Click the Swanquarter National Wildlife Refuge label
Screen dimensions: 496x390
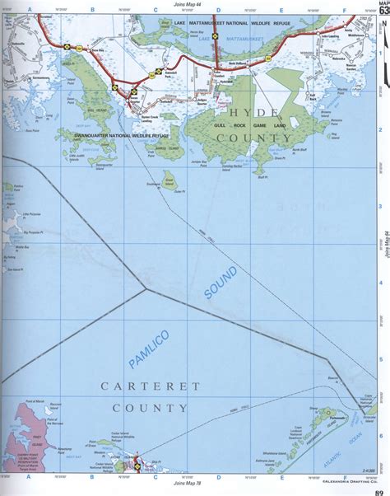tap(120, 131)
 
